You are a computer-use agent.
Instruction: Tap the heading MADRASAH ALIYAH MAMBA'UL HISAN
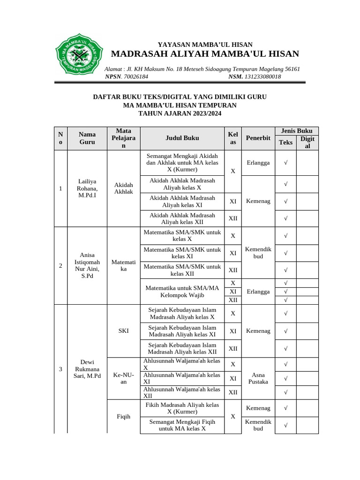click(x=205, y=53)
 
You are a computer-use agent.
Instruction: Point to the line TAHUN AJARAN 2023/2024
click(x=180, y=113)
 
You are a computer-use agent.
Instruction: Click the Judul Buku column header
click(x=182, y=138)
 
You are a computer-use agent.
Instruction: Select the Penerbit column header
click(x=258, y=138)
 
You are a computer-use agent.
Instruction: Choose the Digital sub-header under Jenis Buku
click(x=307, y=142)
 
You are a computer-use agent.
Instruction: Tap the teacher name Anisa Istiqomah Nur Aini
click(x=87, y=265)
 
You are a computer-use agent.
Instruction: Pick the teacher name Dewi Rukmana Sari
click(x=87, y=369)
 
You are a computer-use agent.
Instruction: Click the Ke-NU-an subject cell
click(x=123, y=378)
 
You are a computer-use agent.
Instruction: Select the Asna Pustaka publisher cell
click(x=258, y=378)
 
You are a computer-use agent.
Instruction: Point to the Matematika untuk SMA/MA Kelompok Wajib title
click(x=182, y=291)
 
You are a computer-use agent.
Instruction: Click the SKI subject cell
click(x=123, y=331)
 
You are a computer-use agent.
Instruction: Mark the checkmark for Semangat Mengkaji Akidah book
click(x=285, y=163)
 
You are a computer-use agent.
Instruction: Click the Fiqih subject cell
click(x=123, y=416)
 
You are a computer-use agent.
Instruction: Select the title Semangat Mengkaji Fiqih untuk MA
click(x=182, y=425)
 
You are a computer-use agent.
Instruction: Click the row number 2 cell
click(x=60, y=266)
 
